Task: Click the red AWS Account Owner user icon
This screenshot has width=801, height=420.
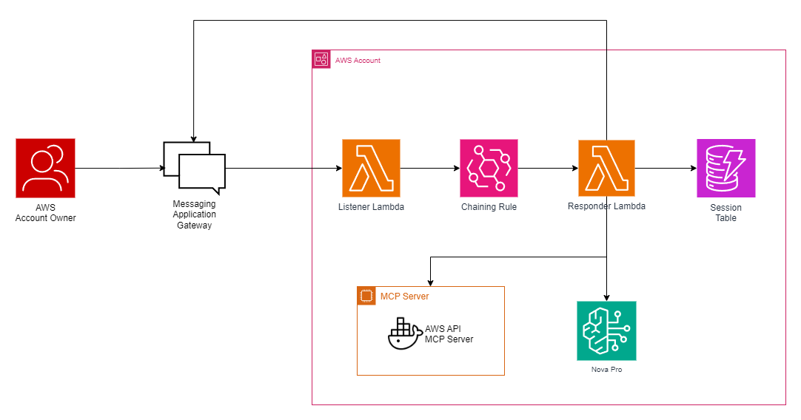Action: (x=45, y=168)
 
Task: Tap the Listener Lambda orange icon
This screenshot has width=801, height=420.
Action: (x=371, y=168)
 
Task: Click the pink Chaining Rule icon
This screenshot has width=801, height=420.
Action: (x=489, y=168)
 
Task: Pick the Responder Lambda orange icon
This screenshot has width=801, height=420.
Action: (x=606, y=168)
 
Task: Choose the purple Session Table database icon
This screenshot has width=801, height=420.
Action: (x=725, y=168)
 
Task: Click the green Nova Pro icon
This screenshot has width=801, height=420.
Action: (x=606, y=330)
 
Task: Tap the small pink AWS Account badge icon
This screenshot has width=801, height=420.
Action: (x=321, y=60)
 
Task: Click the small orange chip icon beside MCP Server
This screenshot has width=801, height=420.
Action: (x=366, y=296)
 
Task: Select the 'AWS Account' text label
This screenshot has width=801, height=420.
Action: (x=358, y=61)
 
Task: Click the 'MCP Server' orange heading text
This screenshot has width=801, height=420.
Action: (x=404, y=297)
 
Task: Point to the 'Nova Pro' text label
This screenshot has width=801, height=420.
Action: (x=606, y=369)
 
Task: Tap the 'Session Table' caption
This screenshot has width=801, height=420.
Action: (x=725, y=213)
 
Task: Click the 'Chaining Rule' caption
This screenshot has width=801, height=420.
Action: (x=489, y=207)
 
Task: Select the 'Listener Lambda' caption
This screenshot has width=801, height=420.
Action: (x=371, y=207)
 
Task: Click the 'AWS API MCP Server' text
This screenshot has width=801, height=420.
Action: (x=449, y=334)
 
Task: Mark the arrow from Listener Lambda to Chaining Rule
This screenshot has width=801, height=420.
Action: (x=430, y=168)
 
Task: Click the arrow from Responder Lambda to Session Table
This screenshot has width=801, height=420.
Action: (x=666, y=168)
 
